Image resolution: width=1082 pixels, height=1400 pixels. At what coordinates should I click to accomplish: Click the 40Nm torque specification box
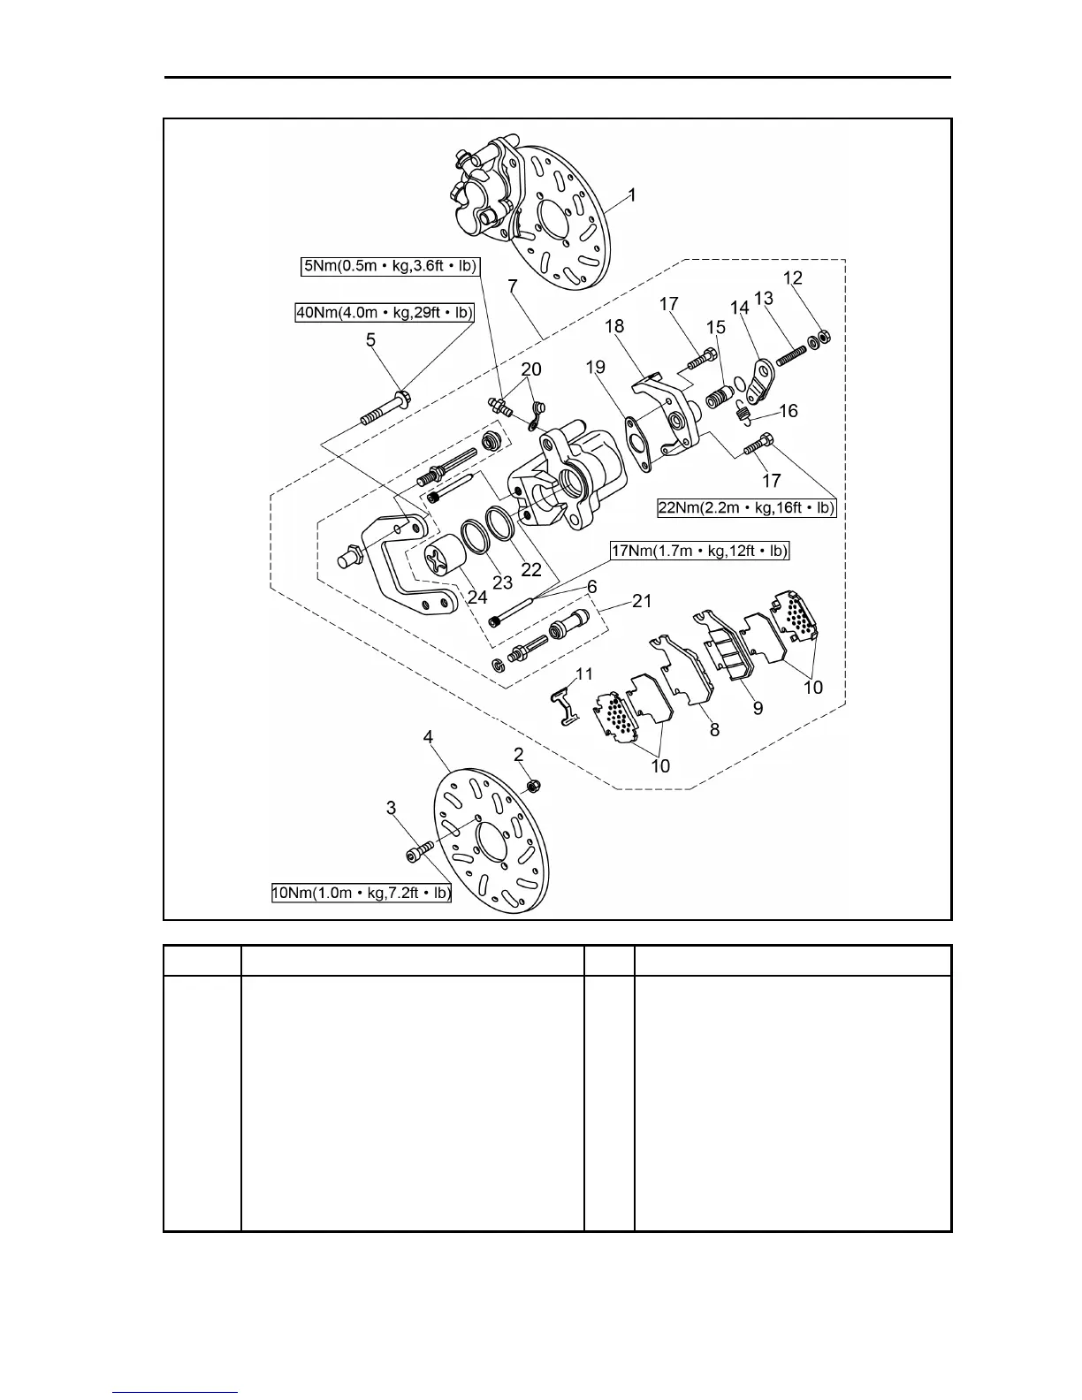(385, 312)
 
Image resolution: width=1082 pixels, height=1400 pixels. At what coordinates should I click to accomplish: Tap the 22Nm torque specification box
(747, 508)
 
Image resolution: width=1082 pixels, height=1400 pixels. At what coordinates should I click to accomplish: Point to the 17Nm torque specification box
(700, 552)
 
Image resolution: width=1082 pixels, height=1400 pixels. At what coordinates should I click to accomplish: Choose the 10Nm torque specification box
(362, 894)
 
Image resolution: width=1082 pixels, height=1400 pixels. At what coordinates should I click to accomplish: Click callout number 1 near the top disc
(631, 194)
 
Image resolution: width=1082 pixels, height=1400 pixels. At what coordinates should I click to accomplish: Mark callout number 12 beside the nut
(793, 278)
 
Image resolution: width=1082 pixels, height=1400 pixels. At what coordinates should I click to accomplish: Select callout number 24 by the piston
(477, 597)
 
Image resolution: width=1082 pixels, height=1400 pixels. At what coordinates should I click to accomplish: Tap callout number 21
(642, 601)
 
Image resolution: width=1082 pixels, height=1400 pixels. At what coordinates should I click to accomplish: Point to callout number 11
(583, 674)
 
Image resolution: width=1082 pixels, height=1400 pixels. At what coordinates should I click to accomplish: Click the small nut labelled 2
(533, 785)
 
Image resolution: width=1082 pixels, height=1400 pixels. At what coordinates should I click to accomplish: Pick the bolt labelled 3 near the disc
(419, 851)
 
